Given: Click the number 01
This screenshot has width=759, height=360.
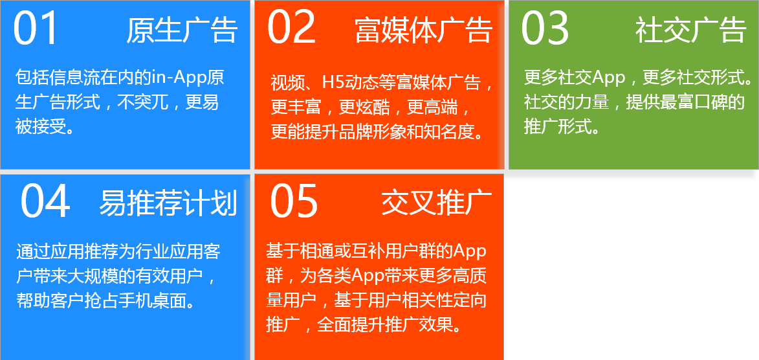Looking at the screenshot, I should pos(36,29).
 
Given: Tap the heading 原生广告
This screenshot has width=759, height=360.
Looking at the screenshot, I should pos(182,30).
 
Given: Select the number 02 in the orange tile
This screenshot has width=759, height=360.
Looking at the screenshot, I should pos(291,28).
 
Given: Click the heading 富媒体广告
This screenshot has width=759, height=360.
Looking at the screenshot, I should pos(424,30).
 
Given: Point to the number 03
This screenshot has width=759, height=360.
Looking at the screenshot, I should pos(545,29).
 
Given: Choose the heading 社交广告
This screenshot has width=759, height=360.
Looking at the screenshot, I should pos(690,30).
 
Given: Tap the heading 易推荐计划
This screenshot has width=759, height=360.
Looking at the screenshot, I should pos(168,203).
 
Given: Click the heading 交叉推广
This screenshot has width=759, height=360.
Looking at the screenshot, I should pos(437,203).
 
